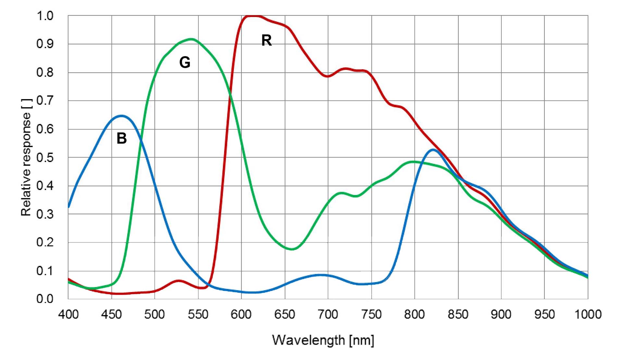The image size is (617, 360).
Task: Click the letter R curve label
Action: [x=266, y=40]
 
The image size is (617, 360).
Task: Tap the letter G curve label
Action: [x=185, y=62]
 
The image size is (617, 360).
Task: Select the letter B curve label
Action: [x=121, y=138]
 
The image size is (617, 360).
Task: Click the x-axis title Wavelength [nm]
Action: [x=323, y=340]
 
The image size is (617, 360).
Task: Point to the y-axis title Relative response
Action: [x=26, y=157]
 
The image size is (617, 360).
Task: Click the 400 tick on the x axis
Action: [x=68, y=314]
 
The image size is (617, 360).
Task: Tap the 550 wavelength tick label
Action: [x=198, y=314]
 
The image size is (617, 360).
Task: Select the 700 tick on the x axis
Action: [x=328, y=314]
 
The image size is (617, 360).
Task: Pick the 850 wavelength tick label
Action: [x=458, y=314]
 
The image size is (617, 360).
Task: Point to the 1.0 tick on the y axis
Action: [x=45, y=16]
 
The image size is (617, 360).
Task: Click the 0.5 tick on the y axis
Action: [x=45, y=158]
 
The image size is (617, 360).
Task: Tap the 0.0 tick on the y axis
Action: [x=45, y=299]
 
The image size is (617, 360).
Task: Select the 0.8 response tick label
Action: [x=45, y=72]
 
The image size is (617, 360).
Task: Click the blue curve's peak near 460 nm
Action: [x=121, y=116]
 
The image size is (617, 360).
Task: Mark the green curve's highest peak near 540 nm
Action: [x=191, y=39]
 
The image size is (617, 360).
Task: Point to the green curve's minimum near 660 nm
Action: [x=292, y=249]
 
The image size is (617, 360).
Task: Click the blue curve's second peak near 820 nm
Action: [x=433, y=150]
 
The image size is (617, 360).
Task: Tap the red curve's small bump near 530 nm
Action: [x=178, y=281]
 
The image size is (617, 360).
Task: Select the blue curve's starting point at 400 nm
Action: [x=69, y=207]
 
